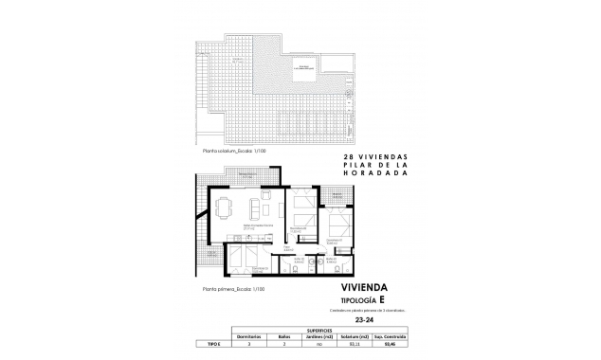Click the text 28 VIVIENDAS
(x=373, y=157)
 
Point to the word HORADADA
(x=374, y=174)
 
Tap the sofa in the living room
(x=257, y=207)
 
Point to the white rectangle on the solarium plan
(x=305, y=67)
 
